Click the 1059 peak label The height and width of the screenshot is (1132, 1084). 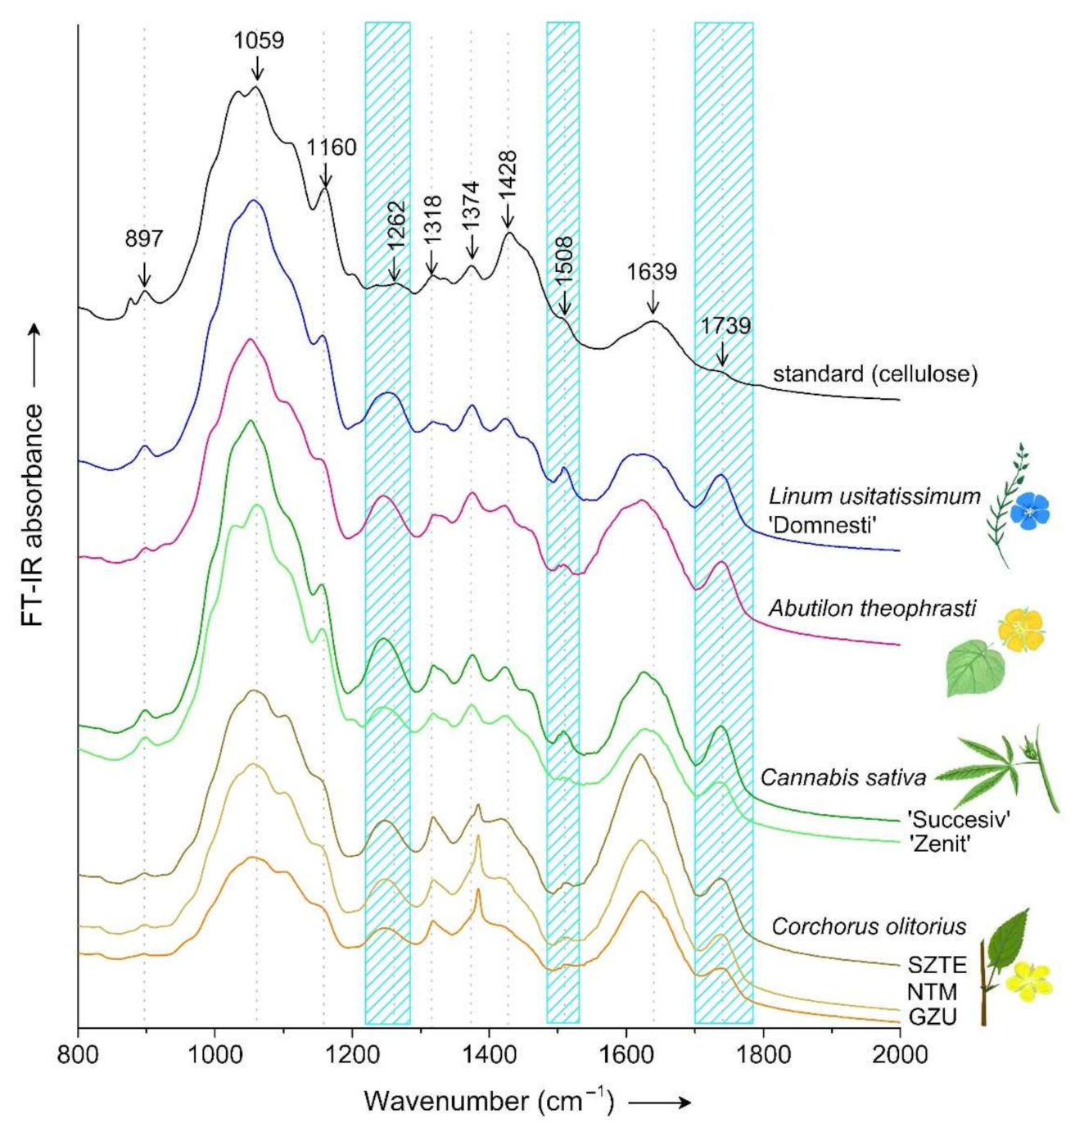point(259,40)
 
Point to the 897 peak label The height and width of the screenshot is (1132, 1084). point(144,239)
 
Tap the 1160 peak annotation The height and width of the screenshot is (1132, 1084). point(332,147)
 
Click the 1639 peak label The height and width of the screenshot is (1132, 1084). point(652,272)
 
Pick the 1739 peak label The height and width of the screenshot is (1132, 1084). point(725,326)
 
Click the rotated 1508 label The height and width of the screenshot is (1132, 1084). point(563,261)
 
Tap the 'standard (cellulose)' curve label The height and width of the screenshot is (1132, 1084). point(875,374)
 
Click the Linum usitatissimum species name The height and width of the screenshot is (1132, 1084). point(874,496)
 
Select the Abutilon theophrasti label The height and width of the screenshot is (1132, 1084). point(871,609)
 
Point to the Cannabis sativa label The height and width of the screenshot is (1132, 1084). point(843,777)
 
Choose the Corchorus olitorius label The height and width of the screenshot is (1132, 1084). point(869,926)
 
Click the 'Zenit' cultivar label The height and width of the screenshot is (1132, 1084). point(939,843)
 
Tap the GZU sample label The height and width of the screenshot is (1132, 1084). point(932,1017)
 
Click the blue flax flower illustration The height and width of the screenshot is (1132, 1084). point(1029,510)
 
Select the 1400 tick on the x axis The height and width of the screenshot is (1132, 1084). point(489,1053)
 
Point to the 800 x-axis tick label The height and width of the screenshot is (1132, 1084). point(79,1053)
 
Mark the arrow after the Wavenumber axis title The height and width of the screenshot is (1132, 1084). point(660,1103)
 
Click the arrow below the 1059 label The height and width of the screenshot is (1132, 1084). point(258,68)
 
